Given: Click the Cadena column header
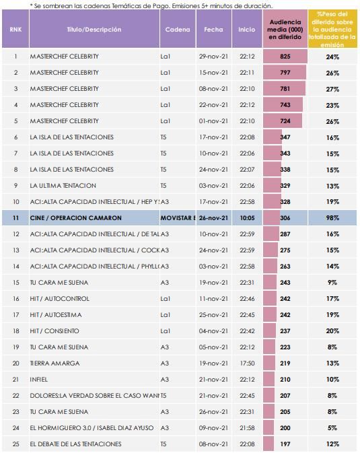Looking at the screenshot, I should point(178,30).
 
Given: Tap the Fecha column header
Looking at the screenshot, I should point(213,30).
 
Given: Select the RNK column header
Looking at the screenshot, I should point(15,30).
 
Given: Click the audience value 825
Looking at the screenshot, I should point(285,56).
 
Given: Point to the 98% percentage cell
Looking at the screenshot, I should point(332,218).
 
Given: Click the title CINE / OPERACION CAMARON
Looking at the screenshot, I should point(75,218).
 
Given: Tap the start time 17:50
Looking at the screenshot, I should point(247,363).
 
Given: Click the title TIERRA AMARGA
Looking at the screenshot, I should point(55,363).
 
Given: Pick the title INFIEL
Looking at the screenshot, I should point(40,380).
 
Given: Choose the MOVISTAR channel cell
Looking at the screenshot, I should point(178,218).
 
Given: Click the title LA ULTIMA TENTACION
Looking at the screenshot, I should point(63,186).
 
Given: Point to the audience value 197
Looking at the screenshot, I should point(285,444).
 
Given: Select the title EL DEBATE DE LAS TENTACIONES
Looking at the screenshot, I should point(76,444).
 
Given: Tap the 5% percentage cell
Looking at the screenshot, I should point(332,428).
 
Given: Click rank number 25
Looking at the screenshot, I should point(15,444).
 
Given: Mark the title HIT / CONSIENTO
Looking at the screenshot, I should point(55,331).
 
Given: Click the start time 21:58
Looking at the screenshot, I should point(247,428).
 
